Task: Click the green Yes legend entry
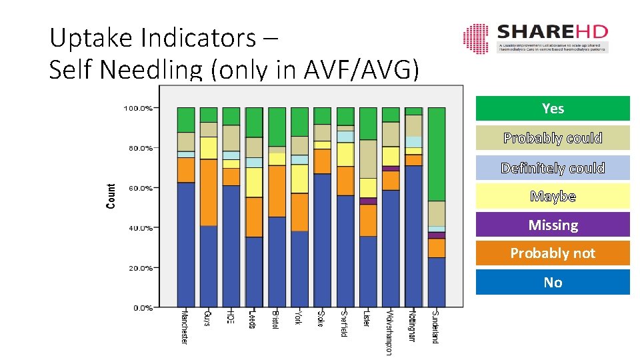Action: (x=553, y=109)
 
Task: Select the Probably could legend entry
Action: (x=553, y=138)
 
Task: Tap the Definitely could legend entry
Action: (x=553, y=168)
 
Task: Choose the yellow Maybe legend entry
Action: (x=553, y=197)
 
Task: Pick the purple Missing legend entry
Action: (x=553, y=225)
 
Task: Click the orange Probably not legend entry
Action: (x=553, y=253)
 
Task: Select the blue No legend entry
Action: (x=553, y=283)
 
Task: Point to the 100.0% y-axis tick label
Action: (x=138, y=107)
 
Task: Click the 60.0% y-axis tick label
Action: (x=140, y=188)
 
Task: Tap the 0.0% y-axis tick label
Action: (x=142, y=308)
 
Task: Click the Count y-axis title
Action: (x=111, y=196)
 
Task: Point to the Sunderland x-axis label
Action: (x=435, y=327)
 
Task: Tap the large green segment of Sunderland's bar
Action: (x=436, y=154)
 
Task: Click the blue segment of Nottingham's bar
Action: (x=413, y=237)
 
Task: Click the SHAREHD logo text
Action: (x=551, y=32)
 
